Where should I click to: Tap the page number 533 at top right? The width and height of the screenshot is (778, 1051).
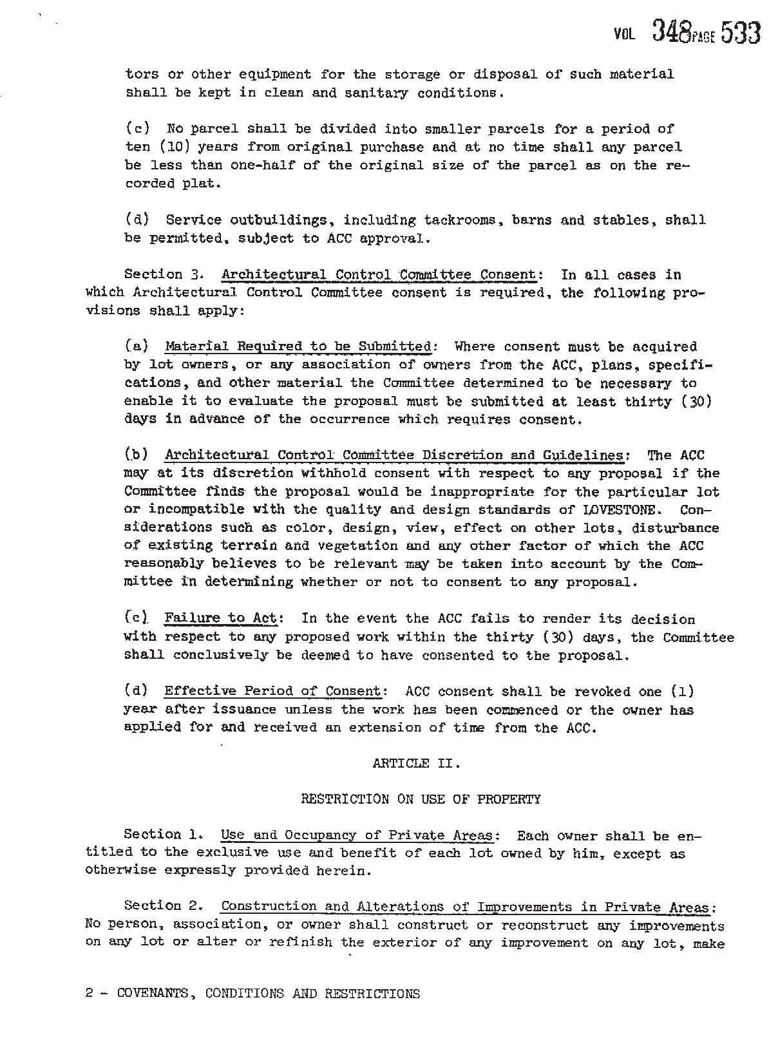741,32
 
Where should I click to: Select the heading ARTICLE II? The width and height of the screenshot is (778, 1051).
416,764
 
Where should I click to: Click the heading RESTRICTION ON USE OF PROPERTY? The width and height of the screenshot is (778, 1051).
421,800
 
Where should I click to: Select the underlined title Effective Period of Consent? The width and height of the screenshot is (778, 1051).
272,692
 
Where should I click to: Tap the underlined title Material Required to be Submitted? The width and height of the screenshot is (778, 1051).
298,346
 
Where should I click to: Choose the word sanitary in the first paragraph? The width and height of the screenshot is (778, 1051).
376,93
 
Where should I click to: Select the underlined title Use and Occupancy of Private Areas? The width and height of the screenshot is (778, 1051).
357,836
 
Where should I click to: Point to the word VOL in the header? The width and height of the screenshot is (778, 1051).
624,33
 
